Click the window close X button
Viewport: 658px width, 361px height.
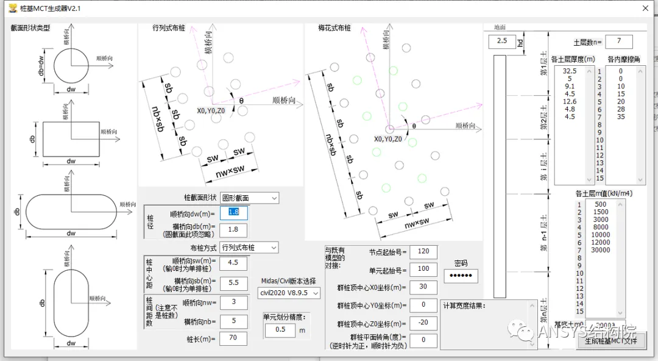click(645, 9)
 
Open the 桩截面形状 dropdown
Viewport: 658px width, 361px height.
click(249, 198)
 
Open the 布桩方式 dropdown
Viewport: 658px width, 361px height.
click(249, 248)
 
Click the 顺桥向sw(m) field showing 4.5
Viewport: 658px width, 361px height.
click(233, 263)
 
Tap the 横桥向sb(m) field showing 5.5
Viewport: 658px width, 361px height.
click(233, 283)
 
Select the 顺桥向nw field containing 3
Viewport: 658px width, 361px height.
click(233, 302)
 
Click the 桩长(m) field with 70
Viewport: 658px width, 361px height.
click(233, 338)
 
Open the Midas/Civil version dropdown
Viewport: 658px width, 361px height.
click(289, 293)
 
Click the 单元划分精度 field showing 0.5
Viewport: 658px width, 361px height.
click(280, 330)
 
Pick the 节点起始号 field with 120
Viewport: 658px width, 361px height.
click(423, 251)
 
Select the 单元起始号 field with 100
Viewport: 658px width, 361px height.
click(423, 268)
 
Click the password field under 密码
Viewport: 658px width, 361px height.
click(461, 276)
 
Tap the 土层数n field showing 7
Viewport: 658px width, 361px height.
click(618, 41)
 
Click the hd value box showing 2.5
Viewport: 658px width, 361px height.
click(502, 41)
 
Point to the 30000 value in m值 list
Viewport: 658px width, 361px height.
click(601, 249)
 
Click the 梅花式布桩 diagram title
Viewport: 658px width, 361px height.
click(334, 28)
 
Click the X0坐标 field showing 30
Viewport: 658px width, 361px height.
click(423, 287)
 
